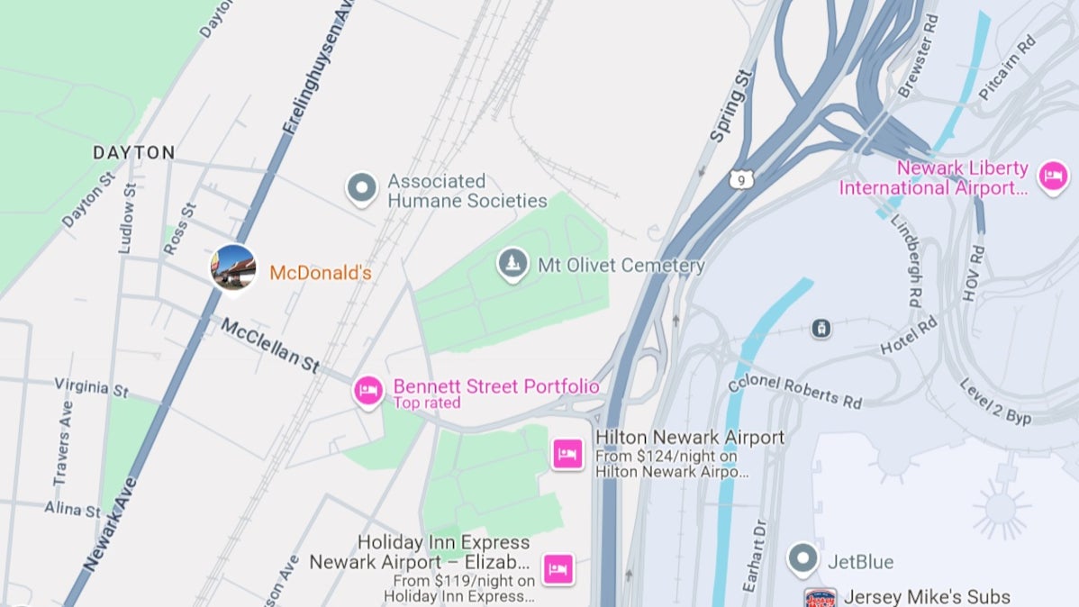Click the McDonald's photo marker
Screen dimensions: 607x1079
[233, 267]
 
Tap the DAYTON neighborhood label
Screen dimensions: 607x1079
[134, 153]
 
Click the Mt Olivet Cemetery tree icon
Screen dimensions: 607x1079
[512, 264]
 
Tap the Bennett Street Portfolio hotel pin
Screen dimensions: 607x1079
[367, 391]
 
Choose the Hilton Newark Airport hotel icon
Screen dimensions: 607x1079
[567, 454]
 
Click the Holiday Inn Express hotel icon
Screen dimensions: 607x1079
[558, 569]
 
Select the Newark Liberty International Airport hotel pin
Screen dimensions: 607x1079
[1053, 176]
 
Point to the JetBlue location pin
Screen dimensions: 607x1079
[802, 559]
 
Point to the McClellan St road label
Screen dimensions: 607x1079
[271, 345]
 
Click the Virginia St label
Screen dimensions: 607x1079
[91, 387]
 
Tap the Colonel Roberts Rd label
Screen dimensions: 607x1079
[795, 388]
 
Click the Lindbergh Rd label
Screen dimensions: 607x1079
[906, 260]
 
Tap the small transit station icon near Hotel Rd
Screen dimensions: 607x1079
[821, 328]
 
